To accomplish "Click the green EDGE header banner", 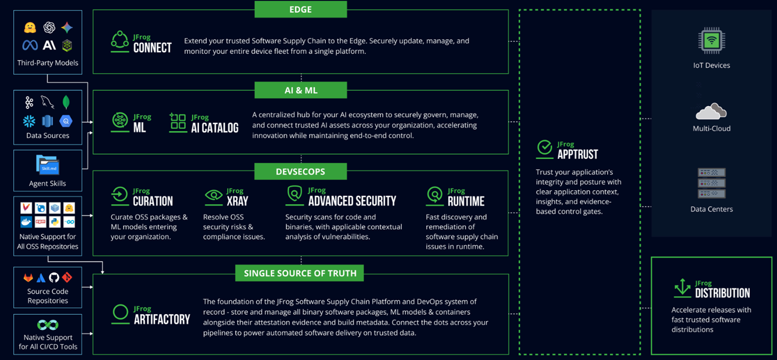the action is [x=300, y=9].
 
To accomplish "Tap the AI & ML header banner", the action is [x=300, y=90].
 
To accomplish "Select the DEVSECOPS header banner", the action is [x=300, y=172].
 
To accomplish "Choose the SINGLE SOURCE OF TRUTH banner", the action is [x=300, y=273].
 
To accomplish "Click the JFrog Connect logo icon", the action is [x=119, y=42].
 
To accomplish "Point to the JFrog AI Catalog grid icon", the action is [x=178, y=122].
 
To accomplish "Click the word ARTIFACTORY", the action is [x=162, y=319].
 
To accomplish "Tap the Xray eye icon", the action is [x=213, y=195].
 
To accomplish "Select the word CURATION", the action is [x=153, y=201].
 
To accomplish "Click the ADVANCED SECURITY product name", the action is [x=352, y=201].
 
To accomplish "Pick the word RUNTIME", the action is [x=466, y=201].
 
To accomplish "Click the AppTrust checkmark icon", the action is [x=544, y=149].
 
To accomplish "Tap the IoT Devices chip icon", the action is [x=711, y=41].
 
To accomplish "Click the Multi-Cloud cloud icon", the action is [x=711, y=111].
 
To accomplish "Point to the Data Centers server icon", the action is [x=711, y=183].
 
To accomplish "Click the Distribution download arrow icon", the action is [x=682, y=288].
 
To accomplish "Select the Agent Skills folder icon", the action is [x=48, y=165].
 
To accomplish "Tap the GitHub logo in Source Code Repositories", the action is [x=54, y=278].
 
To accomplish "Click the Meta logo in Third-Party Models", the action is [x=30, y=45].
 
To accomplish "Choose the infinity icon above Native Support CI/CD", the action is [x=48, y=325].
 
